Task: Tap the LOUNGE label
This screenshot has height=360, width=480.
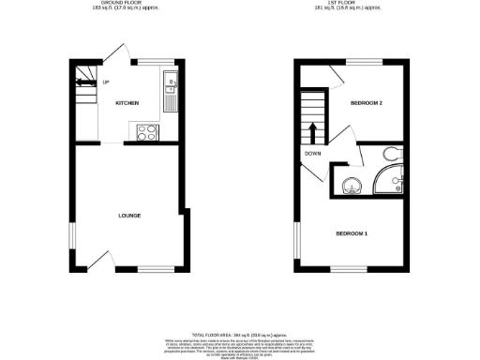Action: coord(129,216)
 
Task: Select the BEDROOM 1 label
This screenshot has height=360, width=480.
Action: coord(352,232)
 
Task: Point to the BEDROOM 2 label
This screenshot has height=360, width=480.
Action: coord(365,102)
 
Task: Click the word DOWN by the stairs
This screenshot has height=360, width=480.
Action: coord(313,154)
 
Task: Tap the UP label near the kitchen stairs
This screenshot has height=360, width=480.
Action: coord(105,82)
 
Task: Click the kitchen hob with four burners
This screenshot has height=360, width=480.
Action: coord(147,131)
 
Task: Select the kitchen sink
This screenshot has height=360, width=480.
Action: coord(171,91)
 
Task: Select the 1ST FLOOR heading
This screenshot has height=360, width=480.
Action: coord(348,5)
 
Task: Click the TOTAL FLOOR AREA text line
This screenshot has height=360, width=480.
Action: coord(239,335)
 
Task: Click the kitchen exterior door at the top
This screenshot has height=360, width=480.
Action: coord(118,54)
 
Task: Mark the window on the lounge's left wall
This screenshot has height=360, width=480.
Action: coord(72,235)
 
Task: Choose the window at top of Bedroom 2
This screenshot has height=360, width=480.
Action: coord(364,63)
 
